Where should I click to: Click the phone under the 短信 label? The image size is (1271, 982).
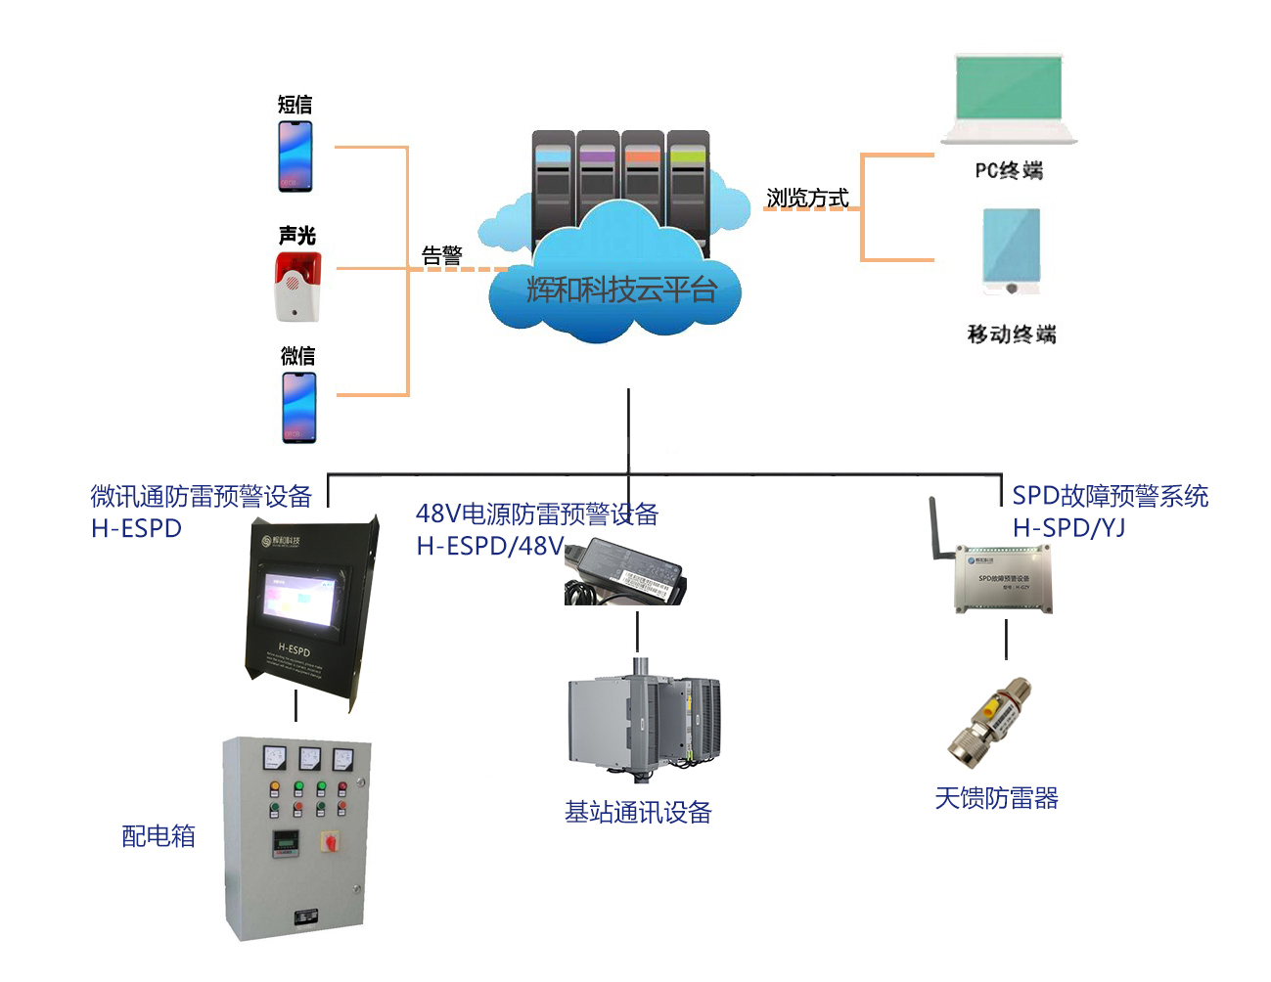click(295, 156)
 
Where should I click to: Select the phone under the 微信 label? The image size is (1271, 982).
click(298, 407)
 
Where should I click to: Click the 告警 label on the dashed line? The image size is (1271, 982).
click(441, 255)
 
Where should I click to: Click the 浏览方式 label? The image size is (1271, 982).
click(806, 198)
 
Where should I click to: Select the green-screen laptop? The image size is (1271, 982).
click(1009, 97)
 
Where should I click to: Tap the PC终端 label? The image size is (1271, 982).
click(1009, 170)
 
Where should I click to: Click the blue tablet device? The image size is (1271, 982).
click(1011, 250)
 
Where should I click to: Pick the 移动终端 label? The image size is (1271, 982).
click(1012, 335)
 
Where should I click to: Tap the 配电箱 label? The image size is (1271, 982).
click(159, 835)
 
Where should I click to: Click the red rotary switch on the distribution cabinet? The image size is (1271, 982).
click(331, 839)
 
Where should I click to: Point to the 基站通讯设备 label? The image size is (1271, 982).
click(638, 812)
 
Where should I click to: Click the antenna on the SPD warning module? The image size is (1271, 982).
click(936, 529)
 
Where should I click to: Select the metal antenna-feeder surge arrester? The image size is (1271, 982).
click(990, 722)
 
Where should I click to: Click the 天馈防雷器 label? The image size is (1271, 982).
click(996, 798)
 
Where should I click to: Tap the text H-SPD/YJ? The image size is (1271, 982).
click(1068, 528)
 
